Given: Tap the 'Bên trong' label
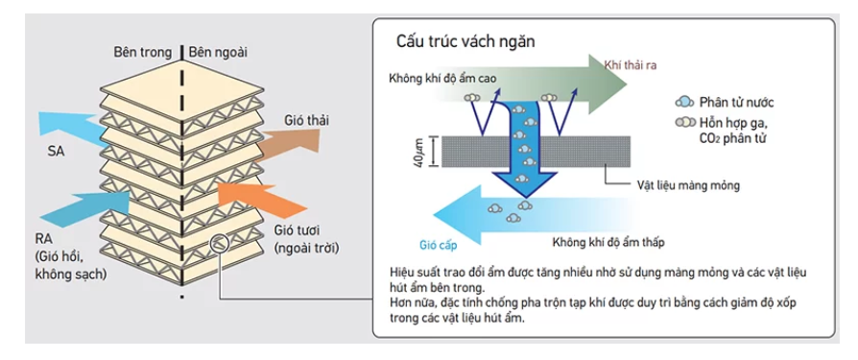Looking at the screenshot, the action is click(x=142, y=53).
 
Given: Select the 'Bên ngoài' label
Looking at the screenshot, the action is click(x=218, y=53).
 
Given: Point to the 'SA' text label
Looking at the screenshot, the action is click(x=56, y=152).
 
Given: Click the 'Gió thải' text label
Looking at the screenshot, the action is click(x=306, y=120).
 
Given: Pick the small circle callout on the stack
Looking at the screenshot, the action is click(x=217, y=244).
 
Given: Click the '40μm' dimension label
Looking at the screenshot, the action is click(x=420, y=152).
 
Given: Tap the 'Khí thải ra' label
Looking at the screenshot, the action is click(x=630, y=65).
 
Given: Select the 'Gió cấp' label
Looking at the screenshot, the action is click(x=439, y=245).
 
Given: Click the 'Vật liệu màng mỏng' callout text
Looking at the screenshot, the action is click(x=688, y=185).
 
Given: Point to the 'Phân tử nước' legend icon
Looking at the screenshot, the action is click(x=683, y=102).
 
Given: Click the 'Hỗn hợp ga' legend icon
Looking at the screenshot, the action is click(x=684, y=122).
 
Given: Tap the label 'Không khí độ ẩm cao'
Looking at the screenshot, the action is click(x=442, y=79).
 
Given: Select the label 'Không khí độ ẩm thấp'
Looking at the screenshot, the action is click(x=608, y=242).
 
